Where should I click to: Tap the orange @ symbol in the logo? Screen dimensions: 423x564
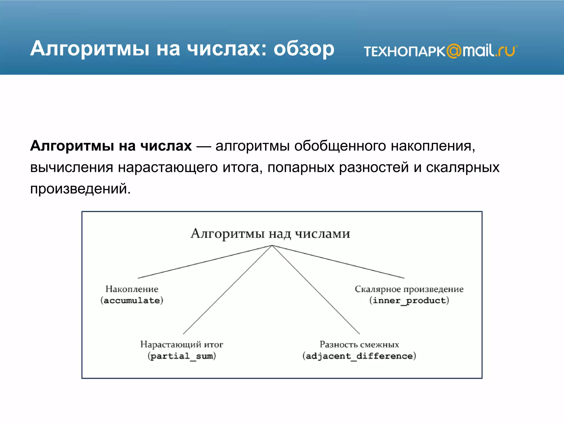pyautogui.click(x=454, y=51)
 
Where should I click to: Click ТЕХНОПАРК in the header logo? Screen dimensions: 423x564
pyautogui.click(x=404, y=51)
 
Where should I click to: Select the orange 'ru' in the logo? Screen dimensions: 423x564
pyautogui.click(x=506, y=51)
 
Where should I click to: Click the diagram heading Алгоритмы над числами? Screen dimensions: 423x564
pyautogui.click(x=270, y=234)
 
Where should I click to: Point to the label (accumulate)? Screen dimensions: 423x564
pyautogui.click(x=132, y=300)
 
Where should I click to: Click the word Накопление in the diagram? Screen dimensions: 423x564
pyautogui.click(x=132, y=289)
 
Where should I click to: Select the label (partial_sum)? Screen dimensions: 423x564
pyautogui.click(x=182, y=356)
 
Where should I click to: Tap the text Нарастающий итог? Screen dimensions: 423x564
pyautogui.click(x=182, y=344)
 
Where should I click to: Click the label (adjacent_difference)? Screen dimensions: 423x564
pyautogui.click(x=359, y=356)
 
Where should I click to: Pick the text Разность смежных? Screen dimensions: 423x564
pyautogui.click(x=359, y=344)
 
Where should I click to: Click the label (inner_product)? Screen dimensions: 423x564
pyautogui.click(x=409, y=300)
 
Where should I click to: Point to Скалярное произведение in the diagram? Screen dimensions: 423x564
pyautogui.click(x=409, y=289)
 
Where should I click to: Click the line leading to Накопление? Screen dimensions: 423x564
pyautogui.click(x=205, y=262)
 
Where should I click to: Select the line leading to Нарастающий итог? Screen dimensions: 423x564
pyautogui.click(x=227, y=290)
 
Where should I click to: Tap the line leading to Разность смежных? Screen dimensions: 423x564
pyautogui.click(x=316, y=290)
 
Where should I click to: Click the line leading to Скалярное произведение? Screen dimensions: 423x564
pyautogui.click(x=338, y=262)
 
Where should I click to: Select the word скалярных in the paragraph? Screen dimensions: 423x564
pyautogui.click(x=463, y=167)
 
